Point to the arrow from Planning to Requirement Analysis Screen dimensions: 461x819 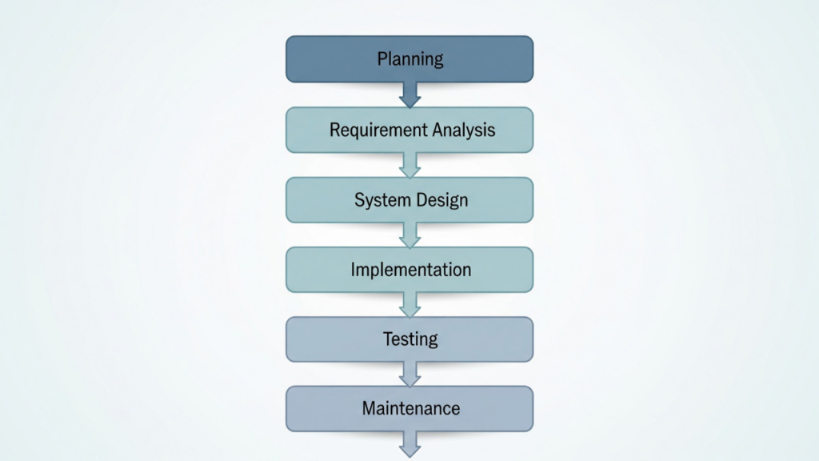point(409,95)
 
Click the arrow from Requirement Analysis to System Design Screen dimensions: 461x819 point(409,166)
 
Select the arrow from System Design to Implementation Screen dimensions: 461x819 point(409,235)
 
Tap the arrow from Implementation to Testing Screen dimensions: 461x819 point(409,305)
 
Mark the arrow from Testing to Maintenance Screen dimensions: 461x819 point(409,375)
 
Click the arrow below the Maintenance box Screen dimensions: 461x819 point(409,444)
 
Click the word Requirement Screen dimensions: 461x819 point(379,130)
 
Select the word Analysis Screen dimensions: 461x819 point(464,130)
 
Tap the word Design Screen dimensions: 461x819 point(441,200)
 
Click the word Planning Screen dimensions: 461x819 point(409,59)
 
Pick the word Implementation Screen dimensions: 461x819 point(410,270)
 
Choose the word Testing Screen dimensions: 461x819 point(410,339)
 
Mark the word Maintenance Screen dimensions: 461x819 point(410,408)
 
